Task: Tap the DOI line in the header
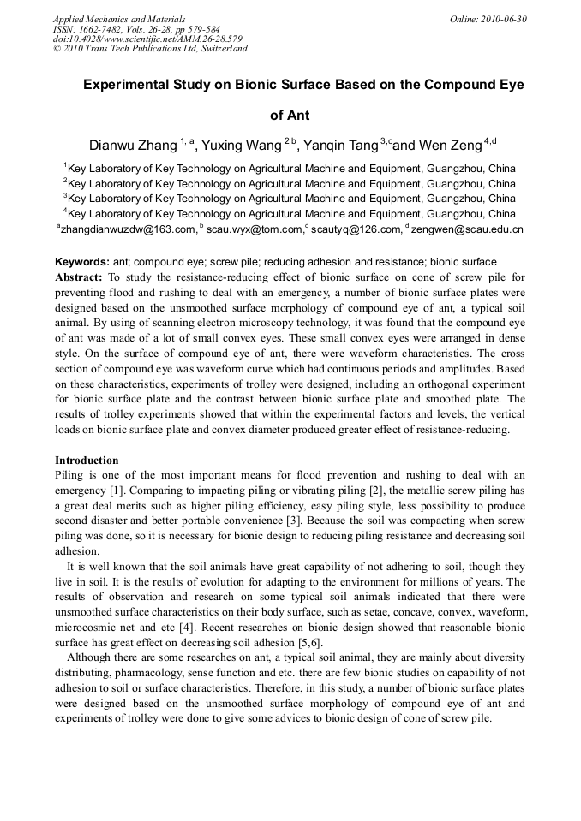pyautogui.click(x=147, y=39)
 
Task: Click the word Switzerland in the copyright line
pyautogui.click(x=220, y=49)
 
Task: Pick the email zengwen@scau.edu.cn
pyautogui.click(x=469, y=229)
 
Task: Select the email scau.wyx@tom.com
pyautogui.click(x=255, y=229)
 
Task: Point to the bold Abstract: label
pyautogui.click(x=79, y=277)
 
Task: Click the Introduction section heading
pyautogui.click(x=87, y=460)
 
